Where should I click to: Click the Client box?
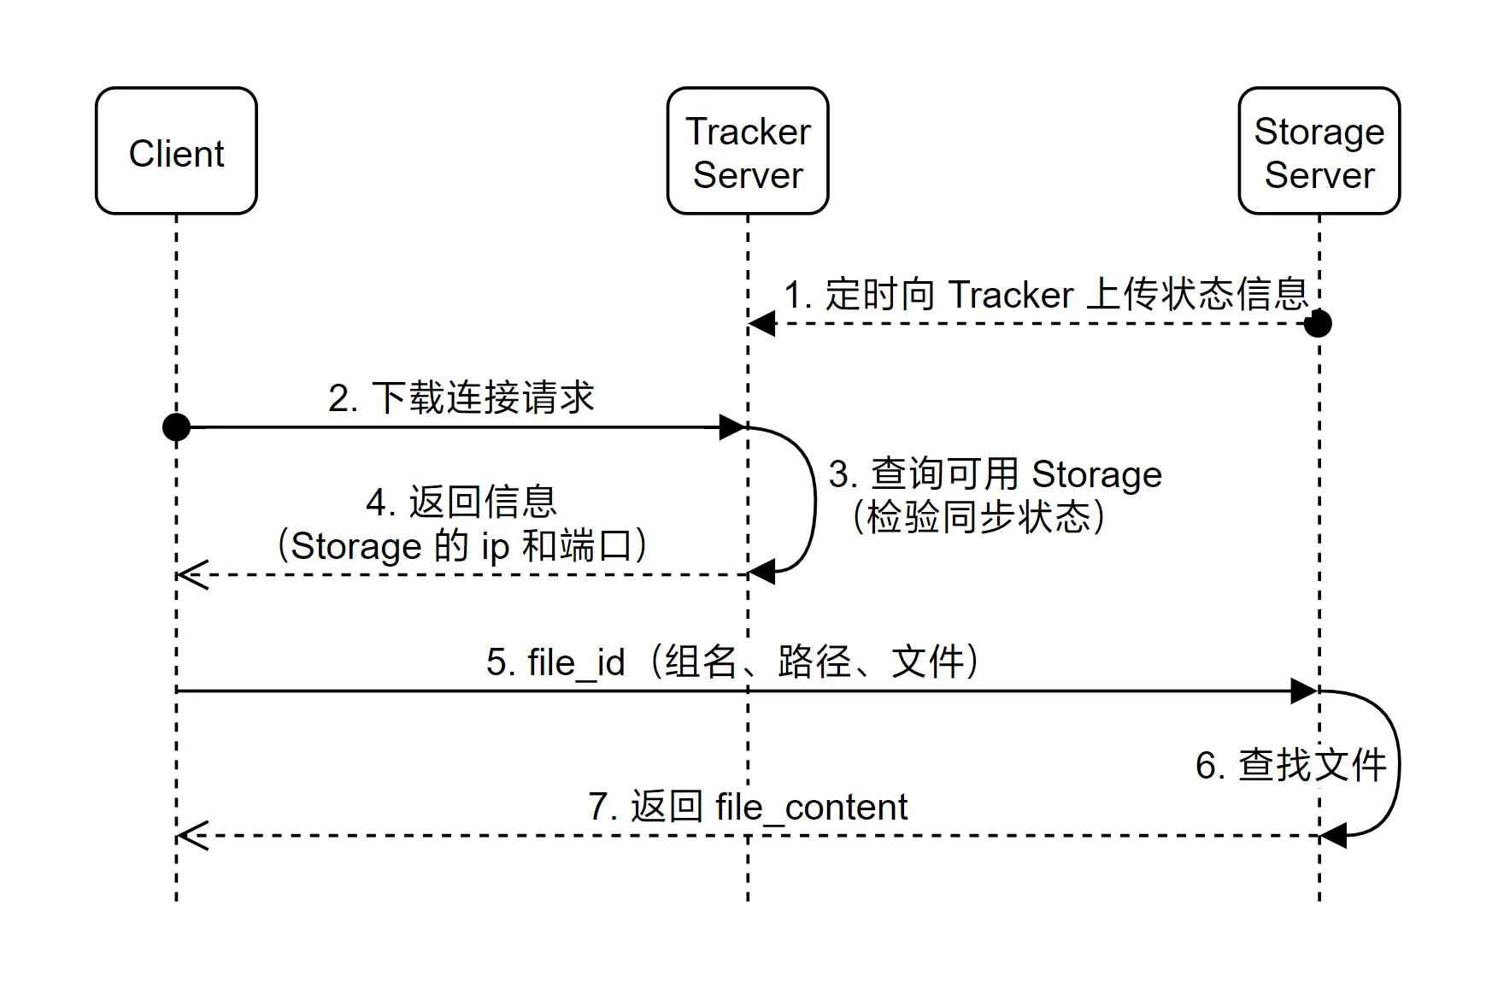[176, 151]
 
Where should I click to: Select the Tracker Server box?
[748, 151]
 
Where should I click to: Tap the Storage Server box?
[1319, 151]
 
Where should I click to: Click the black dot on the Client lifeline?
[176, 426]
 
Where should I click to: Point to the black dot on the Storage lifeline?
[1318, 324]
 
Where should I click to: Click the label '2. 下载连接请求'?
[461, 398]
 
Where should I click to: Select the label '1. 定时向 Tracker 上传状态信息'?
[1046, 295]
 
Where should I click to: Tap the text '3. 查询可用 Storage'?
[996, 474]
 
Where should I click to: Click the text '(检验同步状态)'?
[979, 518]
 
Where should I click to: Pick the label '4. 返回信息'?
[461, 503]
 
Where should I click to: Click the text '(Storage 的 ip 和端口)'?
[461, 546]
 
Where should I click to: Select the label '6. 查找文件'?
[1290, 765]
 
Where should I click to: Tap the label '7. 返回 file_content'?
[748, 808]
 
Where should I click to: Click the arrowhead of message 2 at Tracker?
[733, 426]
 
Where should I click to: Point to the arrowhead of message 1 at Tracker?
[762, 324]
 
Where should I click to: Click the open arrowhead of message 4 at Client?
[191, 574]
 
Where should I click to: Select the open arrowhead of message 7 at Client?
[191, 835]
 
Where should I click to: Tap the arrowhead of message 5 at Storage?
[1304, 691]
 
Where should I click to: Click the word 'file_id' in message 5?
[576, 663]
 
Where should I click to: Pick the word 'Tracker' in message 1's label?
[1010, 296]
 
